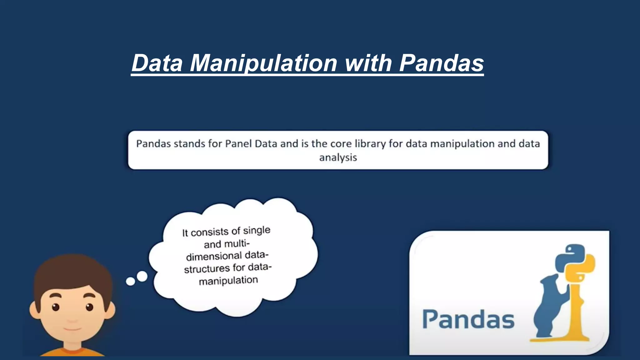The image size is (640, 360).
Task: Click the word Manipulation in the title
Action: [263, 63]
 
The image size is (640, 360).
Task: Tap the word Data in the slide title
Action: [157, 63]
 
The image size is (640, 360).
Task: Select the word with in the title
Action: [368, 63]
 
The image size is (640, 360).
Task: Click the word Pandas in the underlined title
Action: [441, 63]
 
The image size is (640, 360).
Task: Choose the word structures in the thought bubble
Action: [207, 269]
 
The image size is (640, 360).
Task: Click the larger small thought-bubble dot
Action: [142, 276]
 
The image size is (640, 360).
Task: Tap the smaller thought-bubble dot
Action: [130, 282]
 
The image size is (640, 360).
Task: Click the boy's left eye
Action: [56, 307]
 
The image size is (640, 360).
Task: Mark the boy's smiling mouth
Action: [72, 329]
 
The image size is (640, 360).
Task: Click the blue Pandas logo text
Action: [468, 319]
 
